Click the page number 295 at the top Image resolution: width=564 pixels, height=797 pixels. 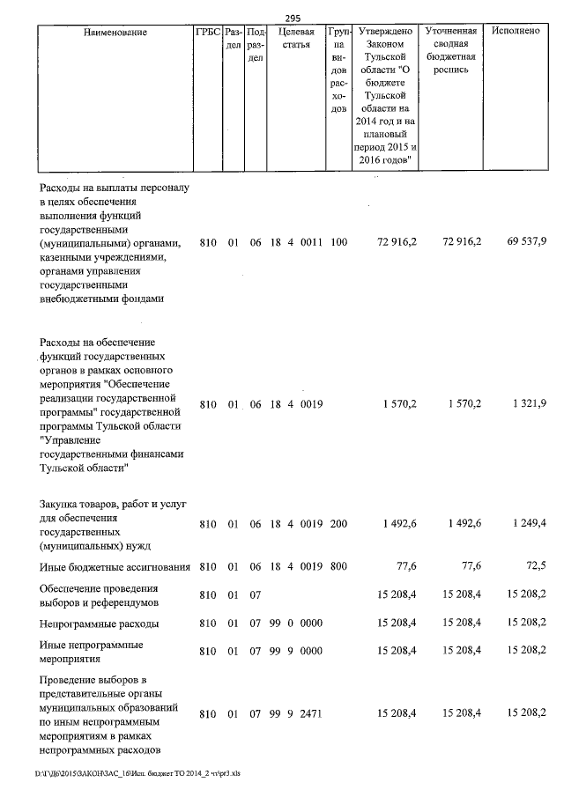click(x=294, y=18)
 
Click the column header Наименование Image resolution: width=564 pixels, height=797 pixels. click(x=115, y=32)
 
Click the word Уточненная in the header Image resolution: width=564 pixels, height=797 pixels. click(x=451, y=32)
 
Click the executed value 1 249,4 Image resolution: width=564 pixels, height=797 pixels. click(x=527, y=524)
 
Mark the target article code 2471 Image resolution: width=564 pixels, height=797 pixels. click(x=311, y=712)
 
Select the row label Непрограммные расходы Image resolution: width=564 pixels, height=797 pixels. click(x=100, y=624)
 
